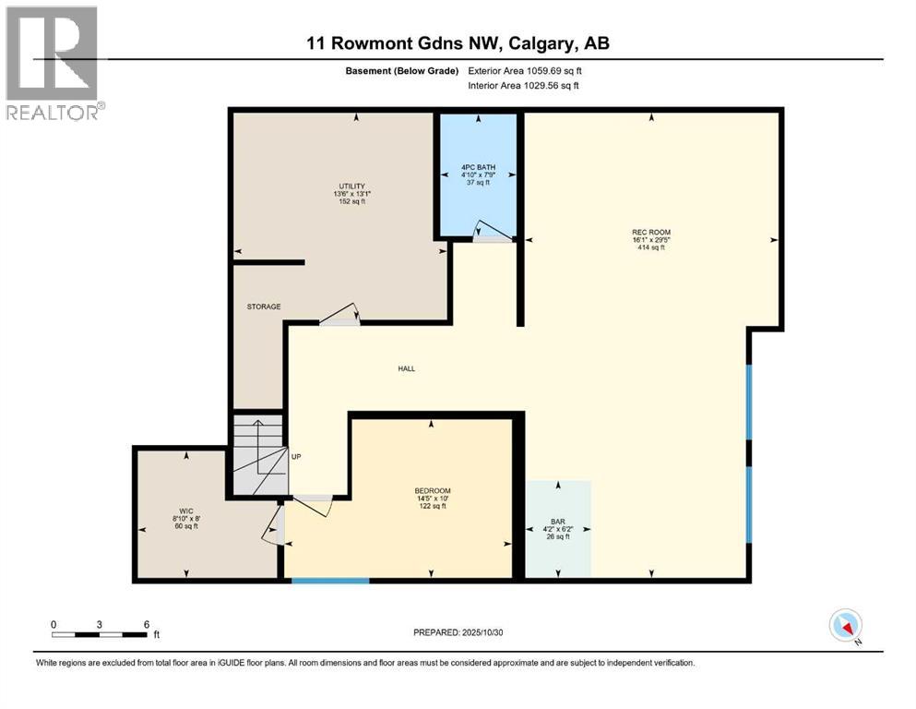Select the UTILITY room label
(x=351, y=186)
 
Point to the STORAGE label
(x=263, y=306)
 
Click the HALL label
(x=406, y=368)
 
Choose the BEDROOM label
(x=432, y=490)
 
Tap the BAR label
(x=556, y=521)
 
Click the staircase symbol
(x=257, y=456)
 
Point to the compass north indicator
(x=845, y=626)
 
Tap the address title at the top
(x=458, y=43)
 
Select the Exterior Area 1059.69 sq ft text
(x=525, y=70)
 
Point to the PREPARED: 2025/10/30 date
(x=458, y=632)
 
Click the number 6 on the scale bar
(x=147, y=623)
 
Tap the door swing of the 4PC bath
(x=482, y=230)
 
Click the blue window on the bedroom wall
(x=330, y=581)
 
